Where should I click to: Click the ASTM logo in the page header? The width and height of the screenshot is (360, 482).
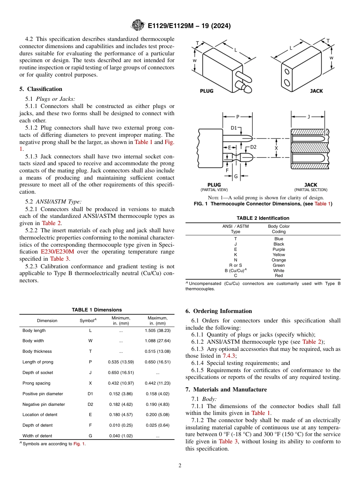tap(138, 25)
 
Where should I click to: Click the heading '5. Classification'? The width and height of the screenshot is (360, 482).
tap(41, 89)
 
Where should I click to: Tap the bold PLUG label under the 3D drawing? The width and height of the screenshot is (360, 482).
tap(207, 91)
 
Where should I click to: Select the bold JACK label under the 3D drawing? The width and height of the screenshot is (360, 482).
tap(316, 91)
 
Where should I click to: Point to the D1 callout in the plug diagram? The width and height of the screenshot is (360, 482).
tap(234, 128)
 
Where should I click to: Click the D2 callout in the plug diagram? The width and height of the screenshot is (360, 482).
tap(253, 147)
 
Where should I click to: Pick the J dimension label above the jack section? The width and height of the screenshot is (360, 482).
tap(308, 117)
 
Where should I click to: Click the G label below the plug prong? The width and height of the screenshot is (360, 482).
tap(236, 177)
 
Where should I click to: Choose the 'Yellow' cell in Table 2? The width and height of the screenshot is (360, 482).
tap(279, 255)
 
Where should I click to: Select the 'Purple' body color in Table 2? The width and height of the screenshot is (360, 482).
tap(279, 249)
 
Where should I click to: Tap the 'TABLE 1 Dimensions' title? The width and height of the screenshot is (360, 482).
tap(97, 310)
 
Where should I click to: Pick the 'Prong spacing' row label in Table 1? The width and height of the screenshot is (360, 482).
tap(36, 383)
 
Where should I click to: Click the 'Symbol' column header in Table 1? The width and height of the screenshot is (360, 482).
tap(88, 321)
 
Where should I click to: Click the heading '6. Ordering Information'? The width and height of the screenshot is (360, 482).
tap(219, 311)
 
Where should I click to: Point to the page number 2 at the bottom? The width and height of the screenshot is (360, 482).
tap(180, 466)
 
